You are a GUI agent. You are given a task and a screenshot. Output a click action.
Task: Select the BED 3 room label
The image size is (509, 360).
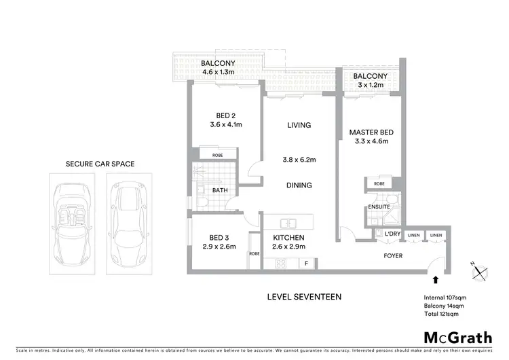[x=218, y=238]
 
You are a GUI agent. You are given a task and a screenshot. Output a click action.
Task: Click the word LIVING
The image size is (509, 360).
[x=299, y=125]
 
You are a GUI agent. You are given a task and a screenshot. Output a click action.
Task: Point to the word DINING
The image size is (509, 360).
[x=299, y=185]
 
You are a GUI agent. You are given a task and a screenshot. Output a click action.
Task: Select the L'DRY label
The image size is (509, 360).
[x=392, y=234]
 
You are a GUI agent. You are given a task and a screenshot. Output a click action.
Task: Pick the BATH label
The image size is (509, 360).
[x=220, y=191]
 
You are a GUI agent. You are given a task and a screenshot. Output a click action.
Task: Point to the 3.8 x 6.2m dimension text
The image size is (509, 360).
[x=299, y=161]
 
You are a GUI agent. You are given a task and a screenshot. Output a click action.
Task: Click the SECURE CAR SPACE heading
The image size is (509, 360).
[x=100, y=164]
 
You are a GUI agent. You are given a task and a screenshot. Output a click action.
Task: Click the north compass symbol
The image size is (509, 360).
[x=480, y=271]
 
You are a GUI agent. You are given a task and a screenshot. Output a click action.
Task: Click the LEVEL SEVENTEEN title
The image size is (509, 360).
[x=305, y=297]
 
